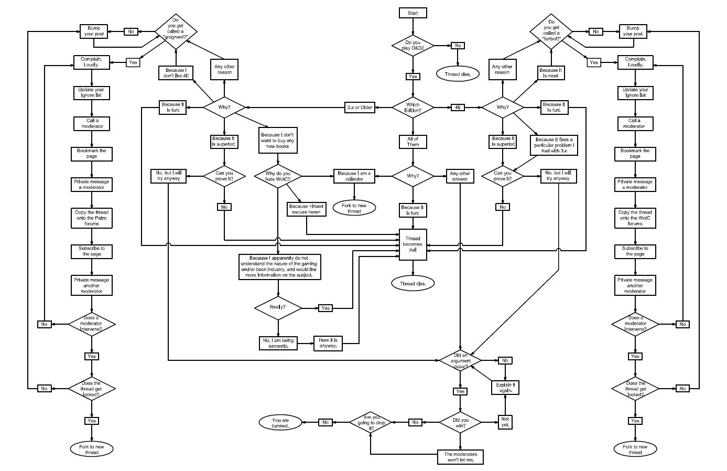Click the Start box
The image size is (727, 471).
point(413,13)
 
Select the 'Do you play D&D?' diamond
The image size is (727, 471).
point(413,45)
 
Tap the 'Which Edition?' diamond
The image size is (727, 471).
point(413,108)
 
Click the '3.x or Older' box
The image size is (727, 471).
point(360,108)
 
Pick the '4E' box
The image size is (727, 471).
point(458,108)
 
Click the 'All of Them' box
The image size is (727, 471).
point(413,142)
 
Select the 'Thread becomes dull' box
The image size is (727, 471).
point(413,244)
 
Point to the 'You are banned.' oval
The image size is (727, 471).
point(280,423)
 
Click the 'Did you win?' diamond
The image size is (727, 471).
point(460,423)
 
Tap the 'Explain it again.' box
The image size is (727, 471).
point(505,388)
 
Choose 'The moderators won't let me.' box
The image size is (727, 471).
point(460,457)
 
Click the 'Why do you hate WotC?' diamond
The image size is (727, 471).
point(278,176)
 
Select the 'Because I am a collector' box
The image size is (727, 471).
point(354,176)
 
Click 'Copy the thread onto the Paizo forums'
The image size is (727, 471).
point(92,218)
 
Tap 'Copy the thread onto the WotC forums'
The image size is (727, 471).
point(635,218)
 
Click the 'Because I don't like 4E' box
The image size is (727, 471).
point(176,73)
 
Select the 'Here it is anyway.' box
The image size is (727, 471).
point(328,343)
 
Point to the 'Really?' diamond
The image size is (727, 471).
point(278,307)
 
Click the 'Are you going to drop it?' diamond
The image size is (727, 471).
point(371,423)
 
